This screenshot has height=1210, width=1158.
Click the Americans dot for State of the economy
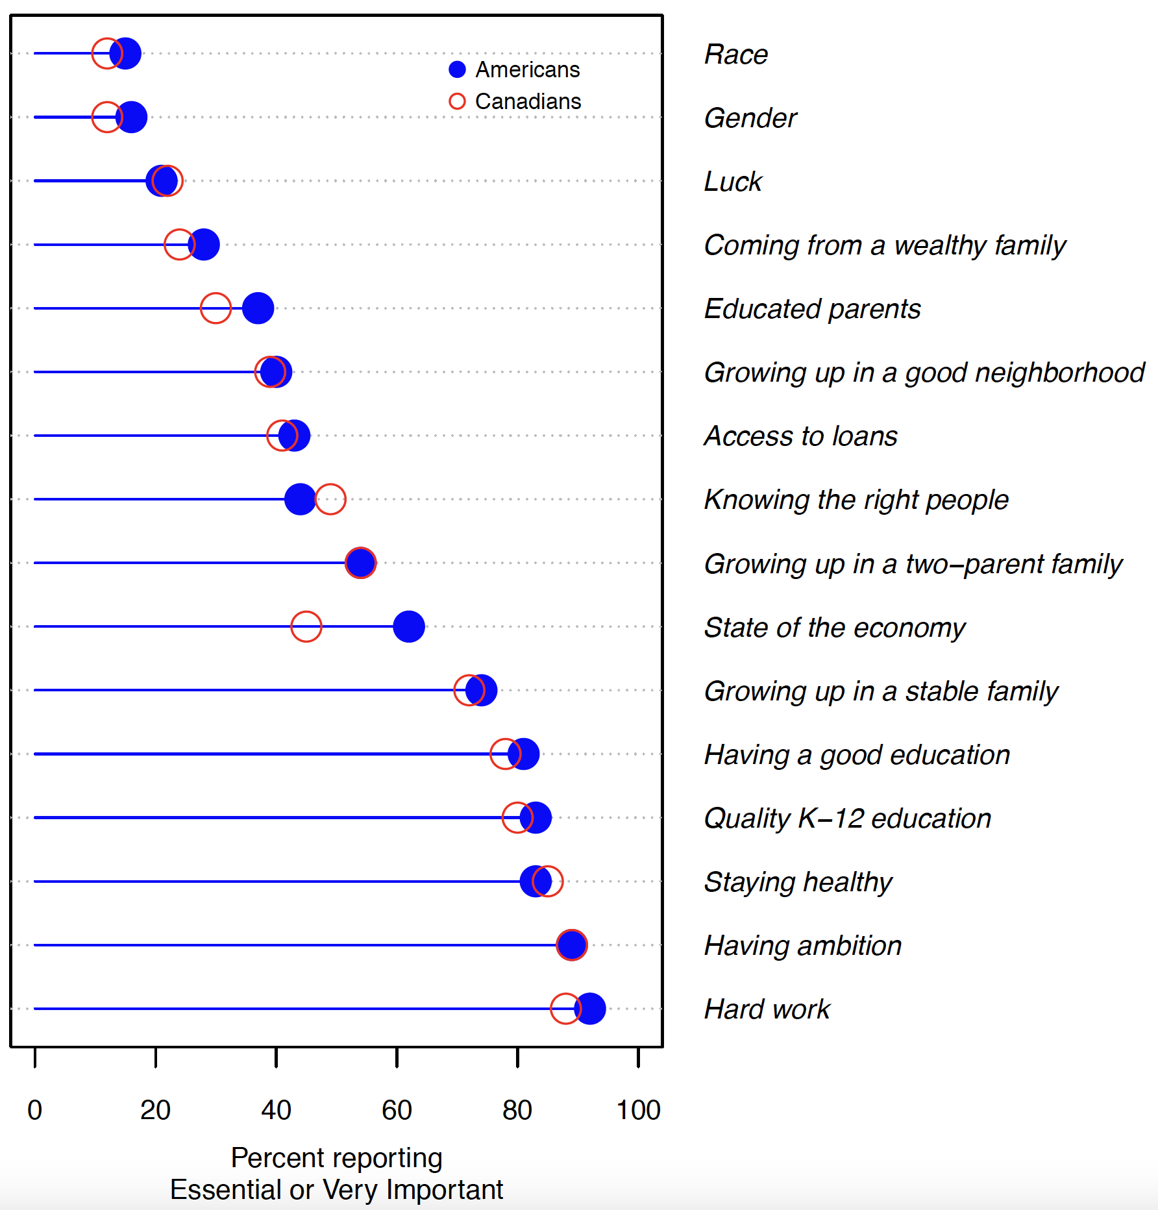409,626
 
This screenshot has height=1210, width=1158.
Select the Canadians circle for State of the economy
306,626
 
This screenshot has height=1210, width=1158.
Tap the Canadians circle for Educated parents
216,308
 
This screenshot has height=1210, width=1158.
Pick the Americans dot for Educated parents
258,308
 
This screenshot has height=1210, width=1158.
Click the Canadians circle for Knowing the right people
330,499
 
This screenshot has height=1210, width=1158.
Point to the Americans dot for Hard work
590,1009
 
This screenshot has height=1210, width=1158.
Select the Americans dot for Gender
131,117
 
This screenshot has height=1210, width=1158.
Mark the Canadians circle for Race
107,53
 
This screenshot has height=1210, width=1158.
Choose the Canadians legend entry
515,101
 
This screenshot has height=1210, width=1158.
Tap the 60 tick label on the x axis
397,1110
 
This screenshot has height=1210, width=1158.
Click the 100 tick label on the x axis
638,1110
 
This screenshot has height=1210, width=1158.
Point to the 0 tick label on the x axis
35,1110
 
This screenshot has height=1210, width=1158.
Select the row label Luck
733,181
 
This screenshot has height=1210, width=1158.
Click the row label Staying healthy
798,882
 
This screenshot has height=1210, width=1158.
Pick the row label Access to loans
800,436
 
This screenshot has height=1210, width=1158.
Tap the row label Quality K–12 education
847,818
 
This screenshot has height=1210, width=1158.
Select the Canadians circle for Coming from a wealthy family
180,244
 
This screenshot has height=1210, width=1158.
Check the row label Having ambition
803,946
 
